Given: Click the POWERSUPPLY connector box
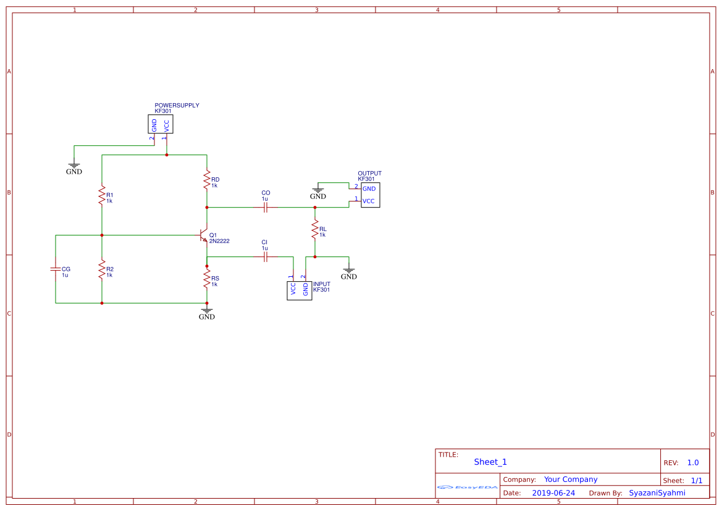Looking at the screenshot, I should click(161, 124).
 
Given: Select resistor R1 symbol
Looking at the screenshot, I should click(102, 195).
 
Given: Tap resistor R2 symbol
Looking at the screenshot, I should click(102, 269).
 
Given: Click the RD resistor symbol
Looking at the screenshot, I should click(207, 180).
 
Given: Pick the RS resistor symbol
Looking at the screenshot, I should click(207, 280).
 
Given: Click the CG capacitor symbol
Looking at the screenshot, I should click(56, 269).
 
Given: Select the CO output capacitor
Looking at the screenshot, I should click(266, 208).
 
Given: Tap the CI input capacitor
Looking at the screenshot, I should click(266, 256).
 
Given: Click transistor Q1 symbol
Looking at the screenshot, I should click(203, 236).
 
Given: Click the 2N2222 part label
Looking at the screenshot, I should click(219, 241).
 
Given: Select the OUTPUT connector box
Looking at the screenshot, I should click(370, 195).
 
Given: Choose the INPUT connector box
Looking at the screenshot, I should click(300, 290).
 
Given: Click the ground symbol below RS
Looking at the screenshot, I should click(207, 312).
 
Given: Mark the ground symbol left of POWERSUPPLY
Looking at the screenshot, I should click(74, 167).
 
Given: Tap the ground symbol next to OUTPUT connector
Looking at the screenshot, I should click(318, 192).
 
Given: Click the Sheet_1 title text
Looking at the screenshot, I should click(490, 462).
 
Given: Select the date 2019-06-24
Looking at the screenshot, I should click(553, 493).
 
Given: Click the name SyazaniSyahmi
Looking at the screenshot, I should click(657, 493).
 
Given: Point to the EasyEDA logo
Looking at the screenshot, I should click(468, 488).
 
